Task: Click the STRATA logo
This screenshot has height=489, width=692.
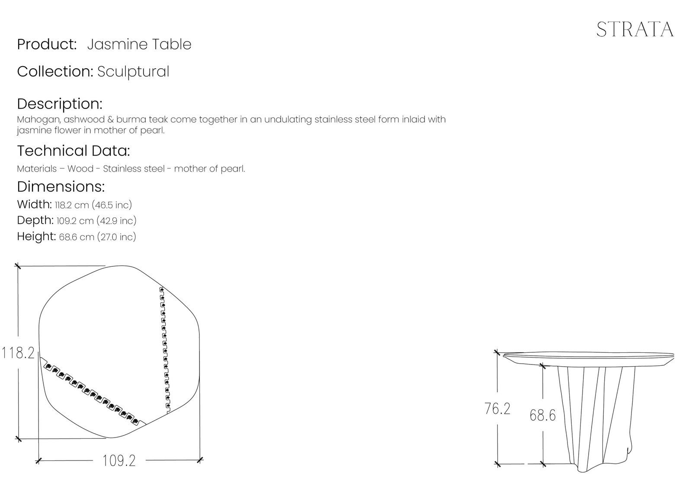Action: (635, 30)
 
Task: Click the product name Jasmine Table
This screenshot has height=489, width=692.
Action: (139, 44)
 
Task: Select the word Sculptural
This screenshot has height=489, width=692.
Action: (134, 72)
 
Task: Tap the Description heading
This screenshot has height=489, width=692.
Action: (60, 104)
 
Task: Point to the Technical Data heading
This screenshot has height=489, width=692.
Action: (74, 151)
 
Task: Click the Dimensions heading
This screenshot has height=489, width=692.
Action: (61, 187)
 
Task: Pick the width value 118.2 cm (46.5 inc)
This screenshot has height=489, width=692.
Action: (93, 205)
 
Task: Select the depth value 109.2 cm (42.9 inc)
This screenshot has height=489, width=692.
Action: (96, 221)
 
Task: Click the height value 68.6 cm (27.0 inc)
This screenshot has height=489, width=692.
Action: (98, 237)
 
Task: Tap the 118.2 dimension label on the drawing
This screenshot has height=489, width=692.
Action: (18, 353)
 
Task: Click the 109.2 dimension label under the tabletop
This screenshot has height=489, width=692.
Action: (119, 461)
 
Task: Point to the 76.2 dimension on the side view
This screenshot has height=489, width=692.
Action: (497, 409)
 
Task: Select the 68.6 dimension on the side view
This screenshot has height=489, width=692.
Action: (543, 415)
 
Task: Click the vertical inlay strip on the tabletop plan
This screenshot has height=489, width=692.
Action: (165, 350)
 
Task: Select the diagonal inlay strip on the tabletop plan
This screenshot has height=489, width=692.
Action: (93, 391)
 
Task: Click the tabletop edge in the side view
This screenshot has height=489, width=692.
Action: (589, 356)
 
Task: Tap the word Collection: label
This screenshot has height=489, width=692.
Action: (55, 71)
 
